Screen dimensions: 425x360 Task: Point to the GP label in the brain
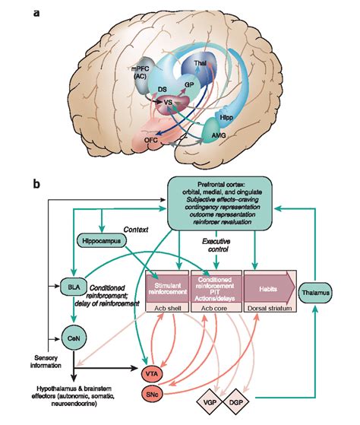(x=190, y=85)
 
